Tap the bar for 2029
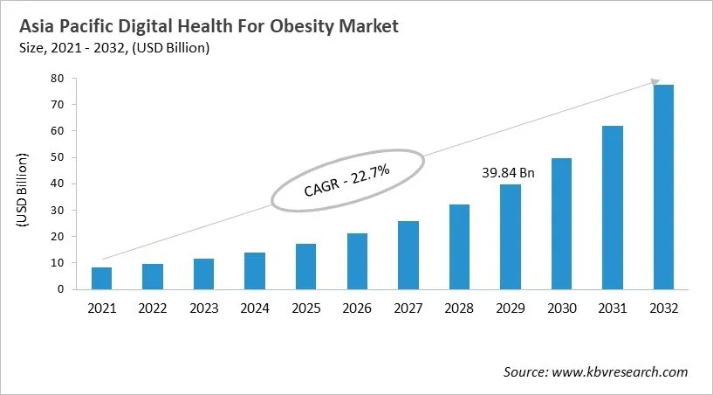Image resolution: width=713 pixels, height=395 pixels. point(510,236)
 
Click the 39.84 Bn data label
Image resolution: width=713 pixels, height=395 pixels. point(508,173)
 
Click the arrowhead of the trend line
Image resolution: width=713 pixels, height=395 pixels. point(655,82)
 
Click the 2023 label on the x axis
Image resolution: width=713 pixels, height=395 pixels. point(203,308)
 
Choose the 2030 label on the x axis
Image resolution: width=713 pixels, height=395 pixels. point(560,308)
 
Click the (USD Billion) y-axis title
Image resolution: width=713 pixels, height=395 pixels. point(23,191)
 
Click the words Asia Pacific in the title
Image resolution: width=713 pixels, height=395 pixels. point(59,27)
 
